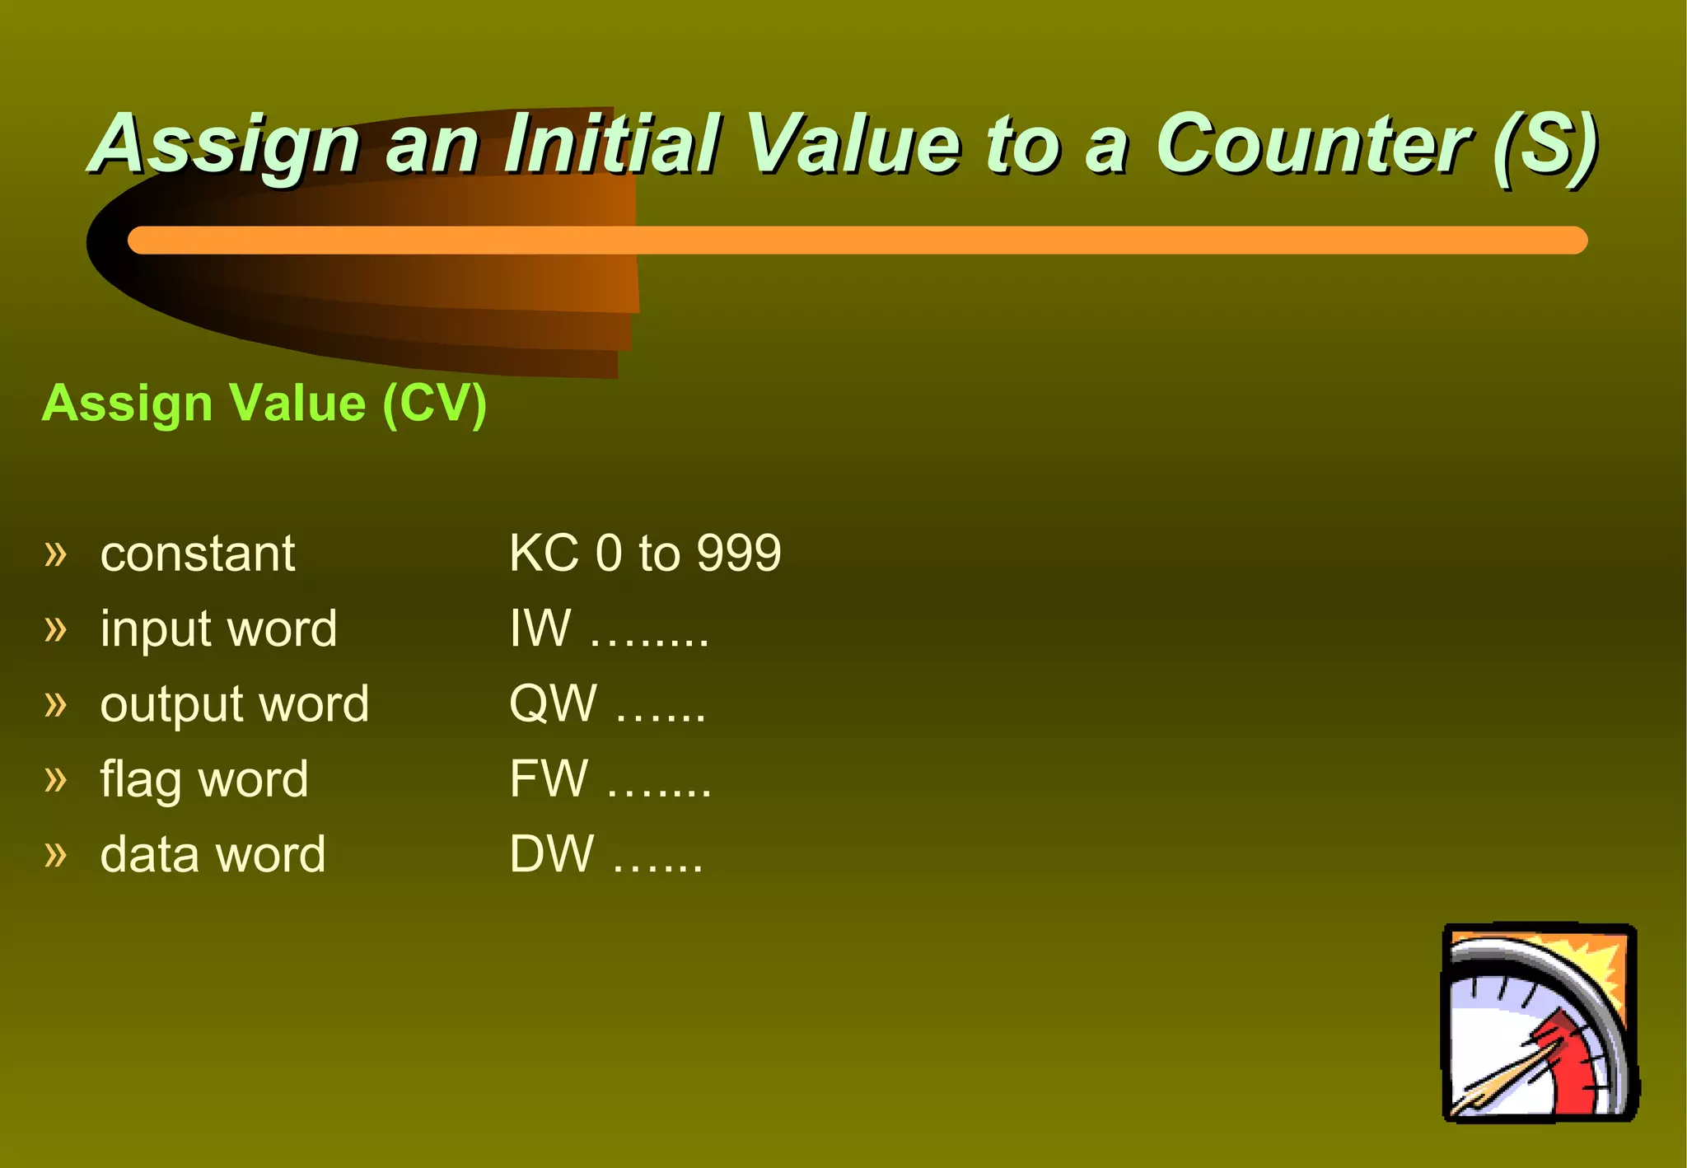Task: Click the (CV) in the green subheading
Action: click(x=435, y=404)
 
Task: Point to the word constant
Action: click(x=198, y=554)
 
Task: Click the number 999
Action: click(x=739, y=553)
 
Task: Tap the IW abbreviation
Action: click(x=540, y=628)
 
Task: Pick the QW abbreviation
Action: click(x=553, y=704)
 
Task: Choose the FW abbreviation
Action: click(x=549, y=779)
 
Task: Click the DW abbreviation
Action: click(x=551, y=854)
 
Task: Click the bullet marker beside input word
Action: click(x=55, y=630)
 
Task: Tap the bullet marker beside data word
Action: click(x=55, y=855)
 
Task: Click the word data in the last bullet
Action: click(x=148, y=854)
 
